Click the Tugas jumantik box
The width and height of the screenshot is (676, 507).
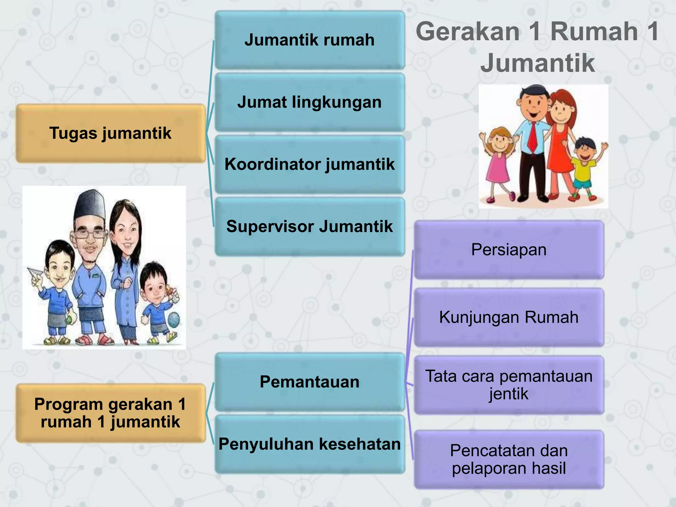point(111,133)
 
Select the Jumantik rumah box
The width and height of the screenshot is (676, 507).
point(310,40)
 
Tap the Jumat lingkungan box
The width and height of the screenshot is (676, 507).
point(310,102)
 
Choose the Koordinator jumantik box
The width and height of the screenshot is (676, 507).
point(310,164)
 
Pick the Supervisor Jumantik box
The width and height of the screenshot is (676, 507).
point(310,226)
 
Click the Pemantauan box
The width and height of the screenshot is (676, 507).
point(310,382)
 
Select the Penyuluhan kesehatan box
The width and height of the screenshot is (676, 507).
point(310,444)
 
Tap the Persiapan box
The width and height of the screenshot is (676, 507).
point(509,250)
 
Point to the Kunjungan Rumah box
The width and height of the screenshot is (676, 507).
point(509,317)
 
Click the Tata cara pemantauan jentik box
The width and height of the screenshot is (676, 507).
point(509,385)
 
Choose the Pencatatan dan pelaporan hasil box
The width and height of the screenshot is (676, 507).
point(509,459)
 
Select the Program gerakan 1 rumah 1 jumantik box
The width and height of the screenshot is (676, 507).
point(111,413)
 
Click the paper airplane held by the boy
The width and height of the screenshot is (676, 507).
point(36,273)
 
